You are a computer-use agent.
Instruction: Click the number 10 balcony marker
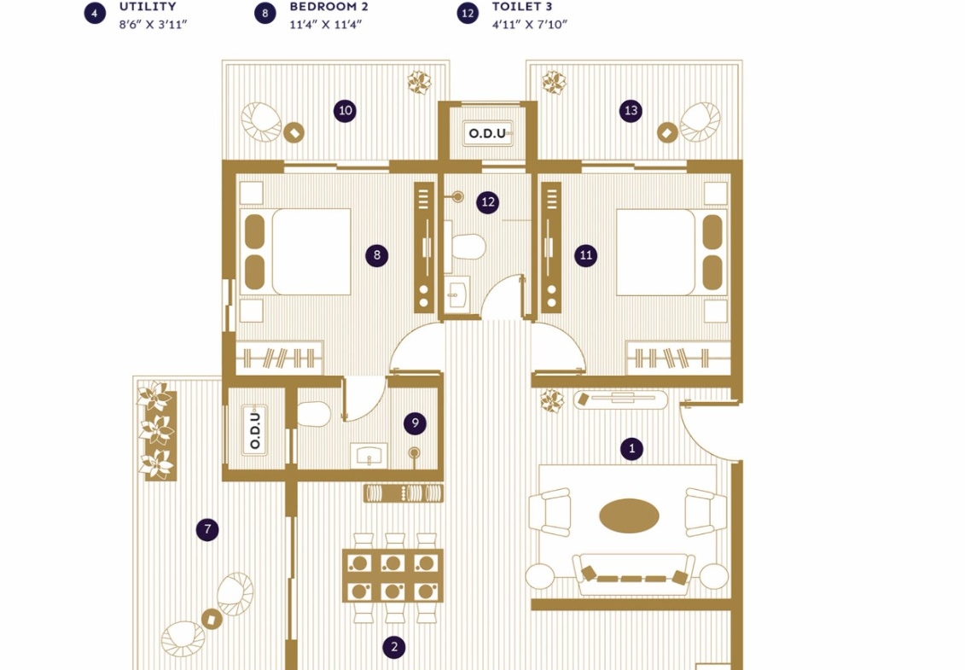tap(346, 111)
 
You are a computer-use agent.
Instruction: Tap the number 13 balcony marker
tap(631, 111)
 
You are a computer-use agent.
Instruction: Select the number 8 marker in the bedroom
tap(376, 255)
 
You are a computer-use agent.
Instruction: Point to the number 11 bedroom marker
tap(586, 255)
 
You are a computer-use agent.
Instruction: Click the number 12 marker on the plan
tap(488, 202)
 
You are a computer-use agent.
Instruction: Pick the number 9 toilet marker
tap(416, 423)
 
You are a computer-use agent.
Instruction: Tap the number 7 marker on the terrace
tap(207, 529)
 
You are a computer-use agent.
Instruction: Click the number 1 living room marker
tap(631, 448)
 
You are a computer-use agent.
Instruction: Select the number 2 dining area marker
tap(394, 647)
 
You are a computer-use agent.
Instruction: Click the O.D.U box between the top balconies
tap(488, 133)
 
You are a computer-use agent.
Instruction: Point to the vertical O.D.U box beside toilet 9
tap(255, 430)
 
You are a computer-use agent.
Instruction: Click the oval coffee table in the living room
tap(629, 516)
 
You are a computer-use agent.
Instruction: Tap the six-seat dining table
tap(392, 576)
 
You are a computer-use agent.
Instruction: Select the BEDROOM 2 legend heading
tap(328, 7)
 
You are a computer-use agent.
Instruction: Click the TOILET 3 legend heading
tap(522, 7)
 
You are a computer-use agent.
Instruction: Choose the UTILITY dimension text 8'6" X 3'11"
tap(153, 25)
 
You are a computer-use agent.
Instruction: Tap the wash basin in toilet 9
tap(369, 456)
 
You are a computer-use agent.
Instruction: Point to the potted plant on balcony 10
tap(419, 82)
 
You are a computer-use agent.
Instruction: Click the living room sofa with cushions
tap(633, 574)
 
